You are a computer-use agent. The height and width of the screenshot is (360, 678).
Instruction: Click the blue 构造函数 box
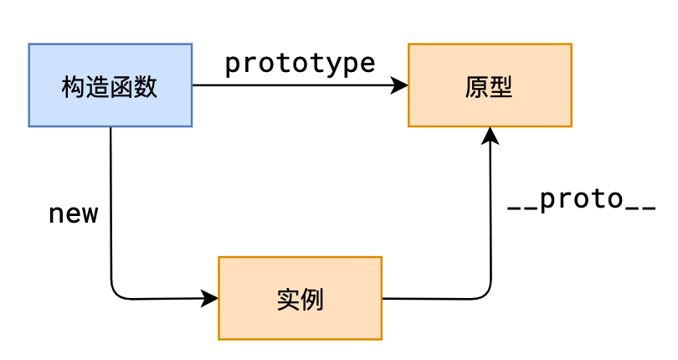coord(110,85)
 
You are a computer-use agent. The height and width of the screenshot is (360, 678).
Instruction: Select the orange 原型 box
coord(490,85)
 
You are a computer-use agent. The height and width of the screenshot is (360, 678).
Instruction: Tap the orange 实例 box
coord(300,298)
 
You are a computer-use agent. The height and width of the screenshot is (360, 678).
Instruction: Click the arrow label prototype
coord(300,64)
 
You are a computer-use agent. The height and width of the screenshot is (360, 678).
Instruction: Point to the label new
coord(74,214)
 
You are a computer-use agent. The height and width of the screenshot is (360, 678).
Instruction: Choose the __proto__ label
coord(582,200)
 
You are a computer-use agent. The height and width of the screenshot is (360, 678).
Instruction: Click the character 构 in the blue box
coord(74,86)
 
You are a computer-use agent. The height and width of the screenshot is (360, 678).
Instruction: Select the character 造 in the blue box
coord(98,86)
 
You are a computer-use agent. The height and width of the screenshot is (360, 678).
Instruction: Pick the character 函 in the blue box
coord(122,86)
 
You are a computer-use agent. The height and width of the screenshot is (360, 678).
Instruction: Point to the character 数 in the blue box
coord(146,86)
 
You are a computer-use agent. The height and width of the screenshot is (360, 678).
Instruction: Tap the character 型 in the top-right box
coord(501,86)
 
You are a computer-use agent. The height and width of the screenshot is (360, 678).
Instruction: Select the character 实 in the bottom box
coord(287,299)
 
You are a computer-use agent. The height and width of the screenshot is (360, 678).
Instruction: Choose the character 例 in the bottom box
coord(311,299)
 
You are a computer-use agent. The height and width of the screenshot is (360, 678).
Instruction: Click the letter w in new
coord(90,215)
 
